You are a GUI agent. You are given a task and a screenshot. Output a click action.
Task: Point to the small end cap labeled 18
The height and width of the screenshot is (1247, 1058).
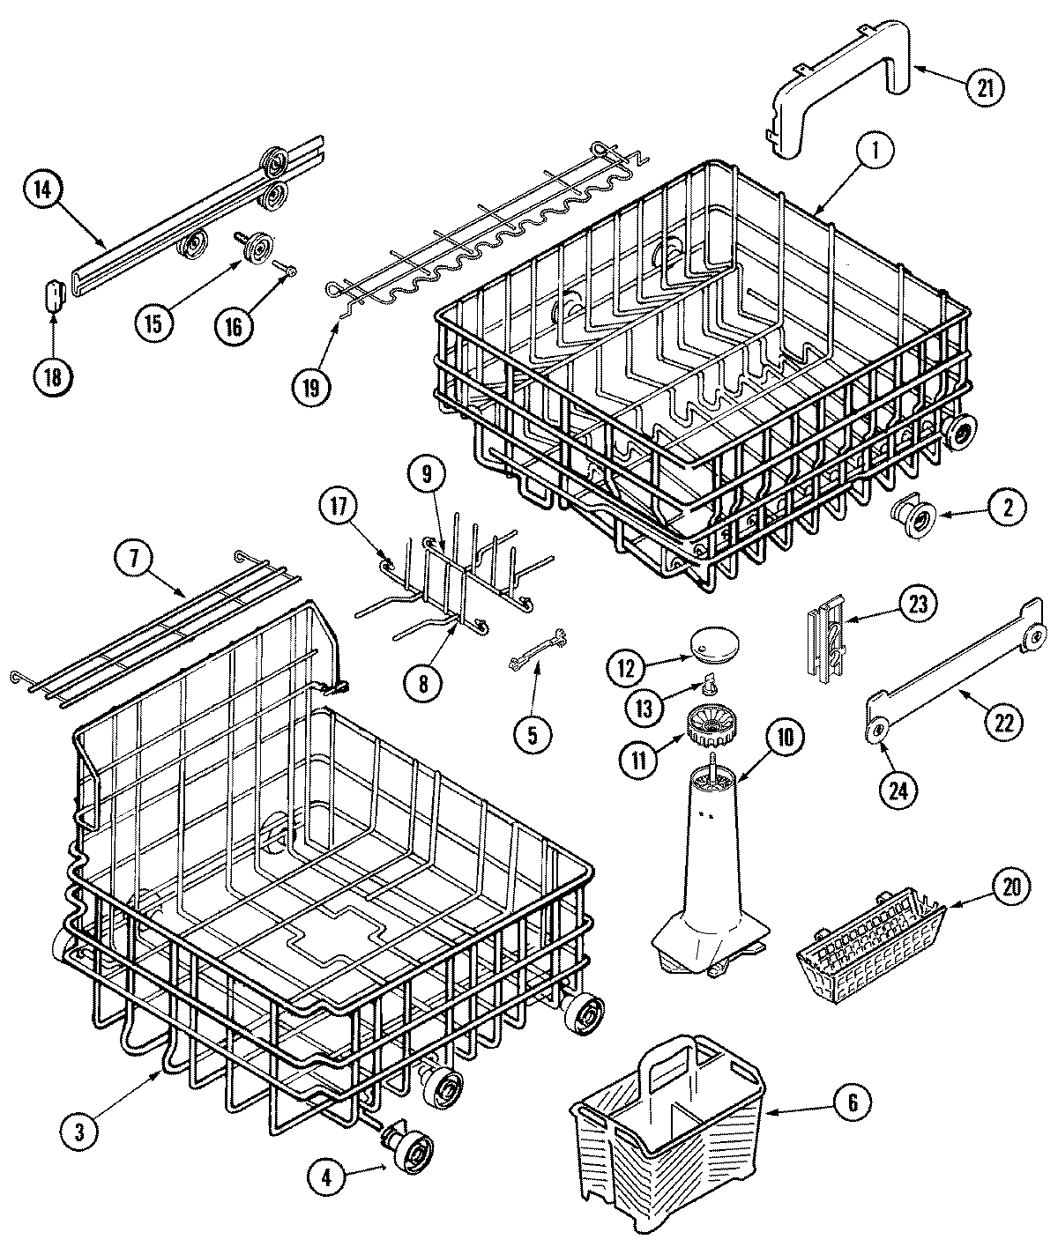55,293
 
